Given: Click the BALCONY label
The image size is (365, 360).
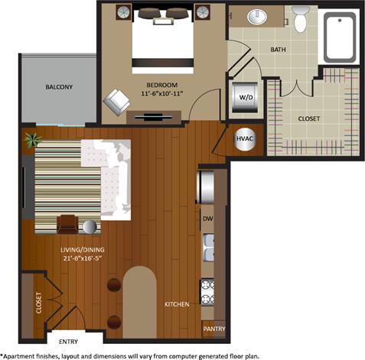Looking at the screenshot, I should tap(58, 87).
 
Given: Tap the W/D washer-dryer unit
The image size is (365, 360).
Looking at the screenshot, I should tap(246, 96).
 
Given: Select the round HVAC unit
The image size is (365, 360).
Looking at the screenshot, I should tap(244, 138).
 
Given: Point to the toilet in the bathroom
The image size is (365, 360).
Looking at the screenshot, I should tap(299, 19).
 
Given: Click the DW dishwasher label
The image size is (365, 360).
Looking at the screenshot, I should tap(207, 219).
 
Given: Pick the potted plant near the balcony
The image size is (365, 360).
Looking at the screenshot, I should tap(32, 140).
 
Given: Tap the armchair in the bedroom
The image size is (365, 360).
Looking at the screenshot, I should tap(117, 99).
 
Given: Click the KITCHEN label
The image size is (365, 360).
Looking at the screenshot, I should tap(177, 304).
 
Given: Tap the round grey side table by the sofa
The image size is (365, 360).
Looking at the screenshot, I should tap(90, 226).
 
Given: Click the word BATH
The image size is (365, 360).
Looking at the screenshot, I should tap(278, 49).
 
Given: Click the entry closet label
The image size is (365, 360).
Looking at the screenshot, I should tap(37, 305).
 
